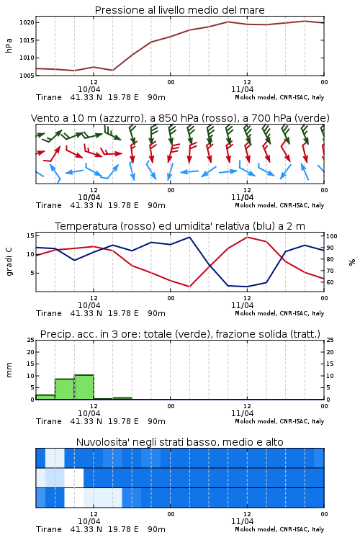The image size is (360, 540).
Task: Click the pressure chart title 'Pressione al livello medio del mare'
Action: point(179,10)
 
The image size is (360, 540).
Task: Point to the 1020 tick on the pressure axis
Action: point(27,23)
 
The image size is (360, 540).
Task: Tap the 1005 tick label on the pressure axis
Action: point(27,76)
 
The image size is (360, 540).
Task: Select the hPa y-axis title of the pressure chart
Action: point(9,45)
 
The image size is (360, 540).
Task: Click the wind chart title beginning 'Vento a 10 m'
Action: point(180,118)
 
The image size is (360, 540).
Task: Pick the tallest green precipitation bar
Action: point(84,387)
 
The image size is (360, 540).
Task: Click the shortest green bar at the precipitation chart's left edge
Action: point(45,397)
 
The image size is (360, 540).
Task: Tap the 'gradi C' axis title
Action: point(9,262)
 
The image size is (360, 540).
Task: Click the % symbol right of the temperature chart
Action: point(352,262)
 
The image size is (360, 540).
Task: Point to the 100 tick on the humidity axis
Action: point(332,236)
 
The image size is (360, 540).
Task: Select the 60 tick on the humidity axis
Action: point(330,282)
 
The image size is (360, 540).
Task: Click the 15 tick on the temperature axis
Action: point(31,235)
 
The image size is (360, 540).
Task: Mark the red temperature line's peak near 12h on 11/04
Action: point(247,237)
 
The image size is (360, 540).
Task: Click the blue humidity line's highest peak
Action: point(189,237)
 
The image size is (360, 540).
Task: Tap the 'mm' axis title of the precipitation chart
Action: point(9,370)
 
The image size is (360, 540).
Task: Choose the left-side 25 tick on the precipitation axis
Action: point(31,340)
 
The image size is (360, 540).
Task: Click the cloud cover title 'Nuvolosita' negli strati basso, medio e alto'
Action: point(179,442)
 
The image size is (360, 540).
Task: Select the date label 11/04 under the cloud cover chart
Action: point(242,521)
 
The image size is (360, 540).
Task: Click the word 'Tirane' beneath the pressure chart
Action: point(48,97)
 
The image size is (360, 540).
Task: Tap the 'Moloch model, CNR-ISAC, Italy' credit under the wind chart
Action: point(279,205)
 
